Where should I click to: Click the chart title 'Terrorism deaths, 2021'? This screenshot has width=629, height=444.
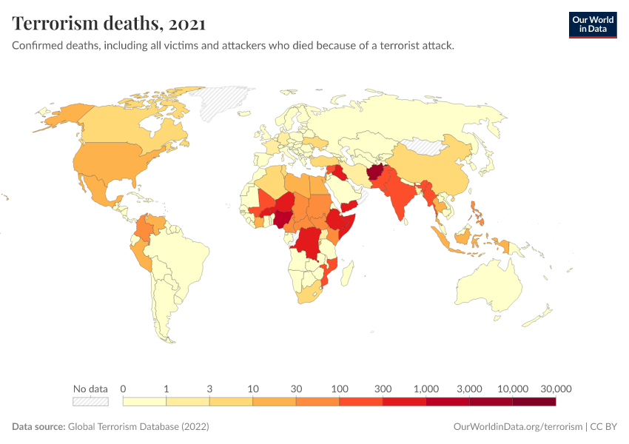click(109, 24)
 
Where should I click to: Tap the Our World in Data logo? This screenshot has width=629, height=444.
click(592, 24)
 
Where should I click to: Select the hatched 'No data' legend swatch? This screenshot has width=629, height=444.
click(90, 402)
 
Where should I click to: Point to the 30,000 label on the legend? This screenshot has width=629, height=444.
click(556, 388)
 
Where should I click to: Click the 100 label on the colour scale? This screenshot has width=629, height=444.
click(339, 388)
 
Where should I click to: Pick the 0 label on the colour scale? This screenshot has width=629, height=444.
click(123, 388)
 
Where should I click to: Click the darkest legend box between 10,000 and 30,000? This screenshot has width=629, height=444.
click(534, 402)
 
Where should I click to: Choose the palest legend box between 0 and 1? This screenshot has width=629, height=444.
click(144, 402)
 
